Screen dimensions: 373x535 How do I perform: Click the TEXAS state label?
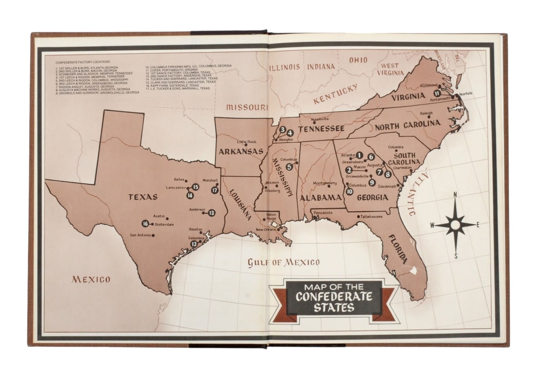tap(143, 197)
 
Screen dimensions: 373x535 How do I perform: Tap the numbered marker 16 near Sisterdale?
tap(145, 223)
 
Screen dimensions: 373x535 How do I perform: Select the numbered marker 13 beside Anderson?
tap(211, 213)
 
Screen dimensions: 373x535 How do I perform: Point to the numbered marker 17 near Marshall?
tap(214, 190)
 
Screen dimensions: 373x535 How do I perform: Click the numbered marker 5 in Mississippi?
tap(289, 167)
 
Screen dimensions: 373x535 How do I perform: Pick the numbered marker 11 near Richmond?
tap(438, 93)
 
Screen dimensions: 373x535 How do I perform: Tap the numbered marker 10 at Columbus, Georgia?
tap(349, 191)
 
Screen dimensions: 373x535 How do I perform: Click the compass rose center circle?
tap(455, 224)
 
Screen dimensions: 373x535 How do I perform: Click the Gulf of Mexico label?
tap(284, 263)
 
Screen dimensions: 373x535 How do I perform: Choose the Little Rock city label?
tap(246, 141)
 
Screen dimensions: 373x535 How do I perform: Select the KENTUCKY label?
tap(335, 94)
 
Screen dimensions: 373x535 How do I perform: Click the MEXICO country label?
tap(91, 279)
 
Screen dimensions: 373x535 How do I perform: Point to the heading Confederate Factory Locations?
tap(82, 62)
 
